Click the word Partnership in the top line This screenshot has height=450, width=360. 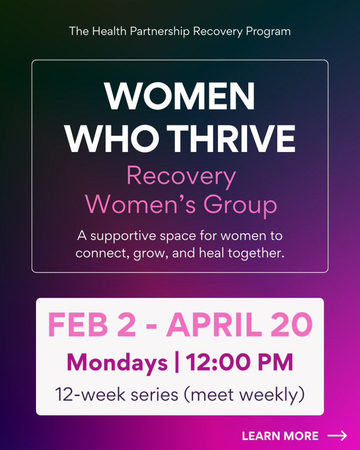click(x=160, y=31)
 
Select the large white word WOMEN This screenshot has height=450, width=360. click(x=180, y=96)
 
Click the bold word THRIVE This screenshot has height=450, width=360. click(x=231, y=139)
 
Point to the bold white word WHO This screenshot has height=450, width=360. click(x=112, y=139)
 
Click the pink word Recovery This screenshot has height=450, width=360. click(x=181, y=177)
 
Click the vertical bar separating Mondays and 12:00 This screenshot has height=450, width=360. click(x=177, y=363)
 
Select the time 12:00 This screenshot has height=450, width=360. click(x=219, y=363)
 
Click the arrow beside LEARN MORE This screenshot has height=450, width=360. click(x=338, y=435)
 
